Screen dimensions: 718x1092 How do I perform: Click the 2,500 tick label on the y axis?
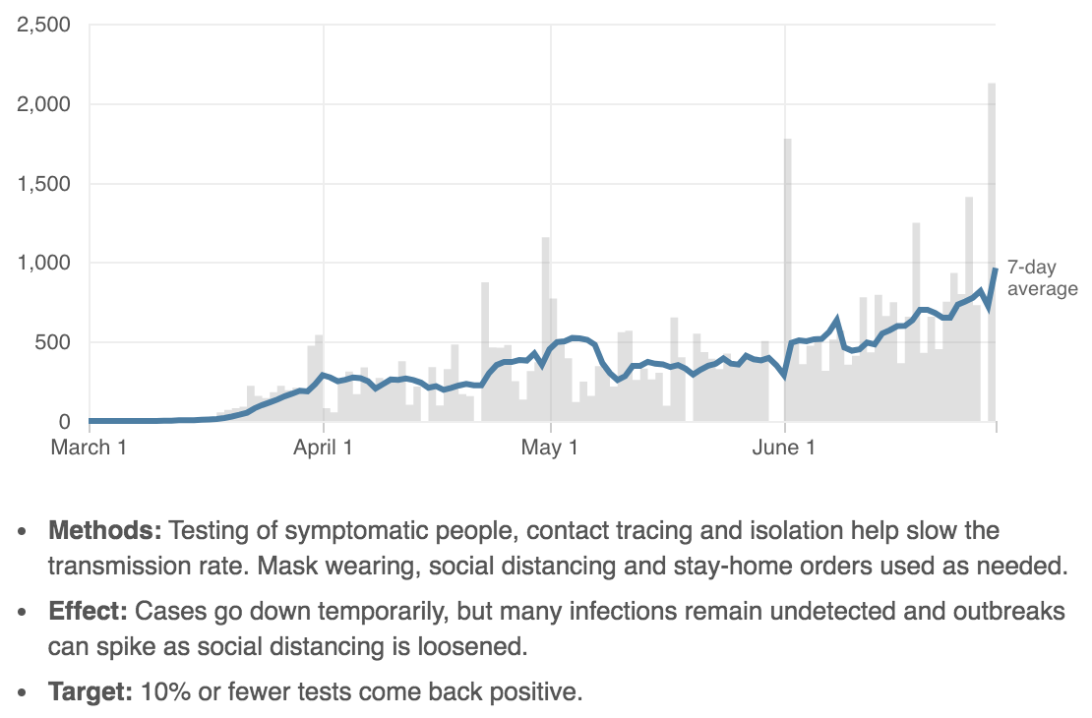click(x=43, y=25)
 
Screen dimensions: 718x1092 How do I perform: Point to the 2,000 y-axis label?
click(x=43, y=104)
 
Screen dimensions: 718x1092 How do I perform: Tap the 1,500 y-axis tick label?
click(x=43, y=184)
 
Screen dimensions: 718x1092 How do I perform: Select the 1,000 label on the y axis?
click(x=43, y=264)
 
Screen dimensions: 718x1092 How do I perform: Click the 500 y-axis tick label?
click(x=51, y=343)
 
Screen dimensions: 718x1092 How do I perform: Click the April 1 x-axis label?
click(x=323, y=449)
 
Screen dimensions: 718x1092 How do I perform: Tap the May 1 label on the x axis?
click(x=550, y=449)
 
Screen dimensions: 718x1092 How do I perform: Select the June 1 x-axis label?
click(x=783, y=449)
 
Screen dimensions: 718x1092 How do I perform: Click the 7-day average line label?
click(x=1042, y=277)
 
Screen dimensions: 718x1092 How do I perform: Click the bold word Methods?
click(x=104, y=532)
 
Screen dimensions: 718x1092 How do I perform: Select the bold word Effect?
click(x=89, y=612)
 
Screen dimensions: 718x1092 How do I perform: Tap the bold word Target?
click(x=91, y=691)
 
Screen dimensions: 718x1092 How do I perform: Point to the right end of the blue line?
click(x=996, y=269)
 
